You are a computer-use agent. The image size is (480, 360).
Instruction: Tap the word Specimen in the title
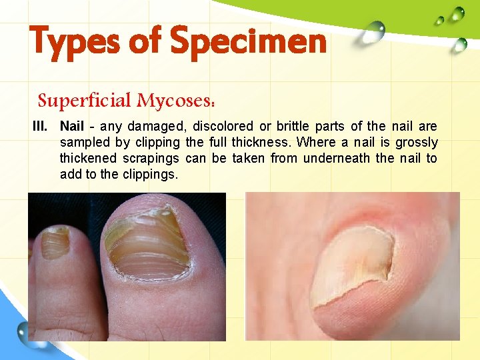coord(249,41)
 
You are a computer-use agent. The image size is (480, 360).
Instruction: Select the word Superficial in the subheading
coord(85,101)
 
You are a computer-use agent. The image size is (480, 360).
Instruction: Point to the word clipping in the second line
coord(158,142)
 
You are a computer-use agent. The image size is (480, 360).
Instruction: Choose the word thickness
coord(264,142)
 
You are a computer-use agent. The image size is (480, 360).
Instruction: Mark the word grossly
coord(417,142)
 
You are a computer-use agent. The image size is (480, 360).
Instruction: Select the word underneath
coord(330,158)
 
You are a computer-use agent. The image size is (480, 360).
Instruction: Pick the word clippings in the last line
coord(152,174)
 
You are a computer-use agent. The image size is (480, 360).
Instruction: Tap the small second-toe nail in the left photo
coord(54,244)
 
